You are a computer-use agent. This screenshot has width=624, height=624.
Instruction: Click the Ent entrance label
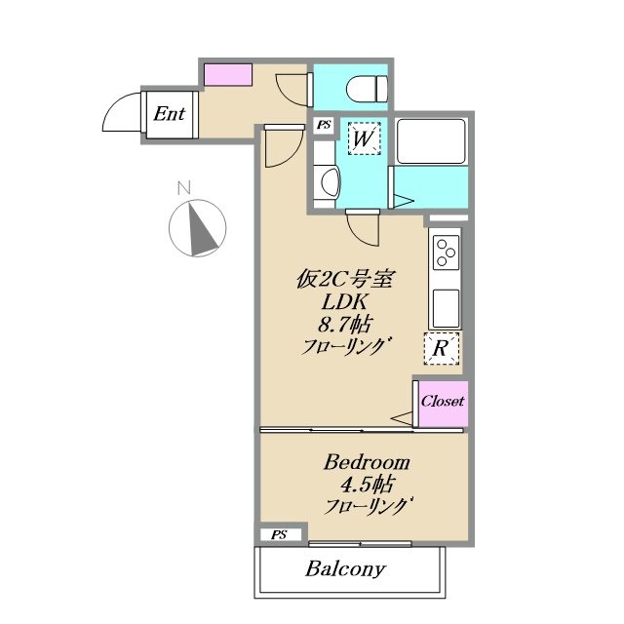pos(169,114)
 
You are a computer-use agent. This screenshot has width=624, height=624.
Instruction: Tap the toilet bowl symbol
pos(367,89)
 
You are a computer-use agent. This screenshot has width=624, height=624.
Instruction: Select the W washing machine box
pos(364,138)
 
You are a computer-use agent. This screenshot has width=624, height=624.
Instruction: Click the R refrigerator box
pos(442,349)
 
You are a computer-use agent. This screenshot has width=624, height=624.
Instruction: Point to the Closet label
pos(443,401)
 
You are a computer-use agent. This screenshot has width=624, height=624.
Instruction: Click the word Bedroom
pos(367,463)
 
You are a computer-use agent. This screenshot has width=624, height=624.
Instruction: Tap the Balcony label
pos(345,569)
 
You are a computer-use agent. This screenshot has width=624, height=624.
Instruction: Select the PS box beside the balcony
pos(280,535)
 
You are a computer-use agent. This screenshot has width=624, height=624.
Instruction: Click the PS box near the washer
pos(324,125)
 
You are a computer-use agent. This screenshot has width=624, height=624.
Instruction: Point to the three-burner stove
pos(446,252)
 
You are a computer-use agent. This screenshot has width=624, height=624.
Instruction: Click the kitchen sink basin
pos(446,308)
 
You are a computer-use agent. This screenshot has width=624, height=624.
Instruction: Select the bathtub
pos(431,140)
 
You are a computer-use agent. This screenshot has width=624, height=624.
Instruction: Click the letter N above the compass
pos(184,188)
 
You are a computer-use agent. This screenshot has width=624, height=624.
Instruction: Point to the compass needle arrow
pos(202,228)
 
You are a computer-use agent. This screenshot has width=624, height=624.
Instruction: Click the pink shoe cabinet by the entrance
pos(228,74)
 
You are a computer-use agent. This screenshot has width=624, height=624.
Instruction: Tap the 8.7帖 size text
pos(344,325)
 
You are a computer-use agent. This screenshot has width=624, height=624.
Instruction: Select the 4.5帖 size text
pos(367,485)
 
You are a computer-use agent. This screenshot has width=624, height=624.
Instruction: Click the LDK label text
pos(344,302)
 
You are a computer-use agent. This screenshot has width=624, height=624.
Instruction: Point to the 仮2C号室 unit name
pos(344,280)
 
